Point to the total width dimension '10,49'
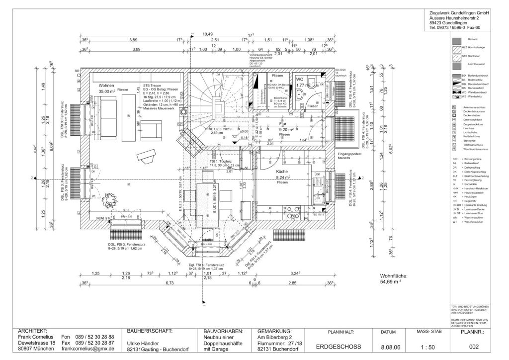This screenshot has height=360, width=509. (201, 34)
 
